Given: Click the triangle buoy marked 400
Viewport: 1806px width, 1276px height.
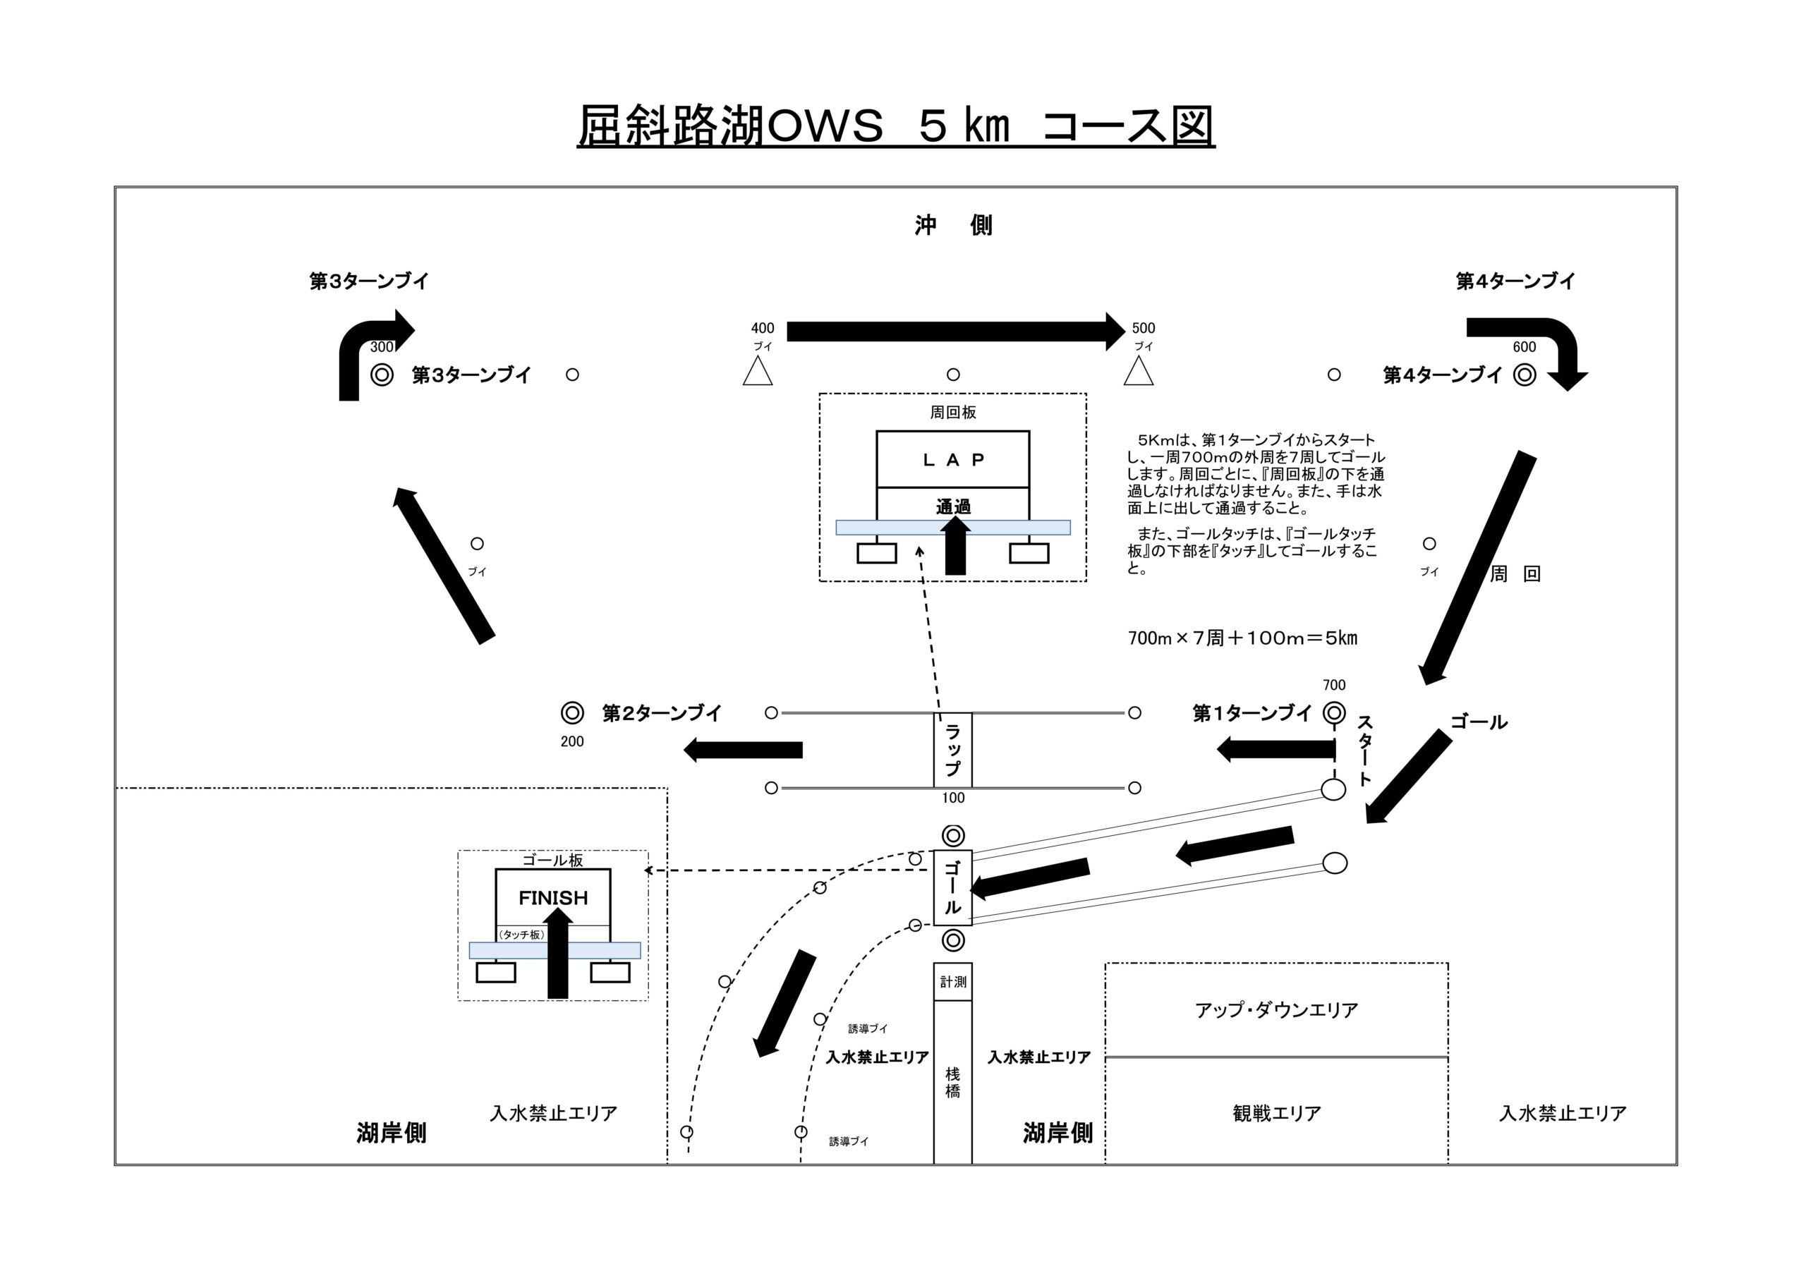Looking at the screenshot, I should tap(758, 372).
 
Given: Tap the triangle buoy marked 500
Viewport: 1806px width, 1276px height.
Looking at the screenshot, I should tap(1138, 372).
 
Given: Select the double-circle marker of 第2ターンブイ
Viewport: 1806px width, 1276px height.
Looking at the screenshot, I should tap(572, 712).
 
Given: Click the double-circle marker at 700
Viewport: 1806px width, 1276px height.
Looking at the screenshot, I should tap(1334, 712).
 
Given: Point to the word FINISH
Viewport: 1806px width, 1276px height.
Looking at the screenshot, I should tap(553, 898).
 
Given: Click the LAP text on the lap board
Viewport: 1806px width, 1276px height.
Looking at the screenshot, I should tap(952, 460).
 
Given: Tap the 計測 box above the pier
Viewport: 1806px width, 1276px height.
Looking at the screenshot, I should tap(952, 982).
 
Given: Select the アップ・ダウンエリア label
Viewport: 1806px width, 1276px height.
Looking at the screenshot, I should tap(1276, 1010).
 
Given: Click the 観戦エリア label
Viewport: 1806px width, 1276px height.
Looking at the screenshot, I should tap(1276, 1113).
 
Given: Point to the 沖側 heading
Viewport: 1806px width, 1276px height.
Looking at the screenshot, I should tap(952, 226).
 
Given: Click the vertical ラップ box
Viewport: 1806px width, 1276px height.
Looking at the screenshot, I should tap(952, 750).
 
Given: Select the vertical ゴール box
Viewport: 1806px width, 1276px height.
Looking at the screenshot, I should tap(952, 887).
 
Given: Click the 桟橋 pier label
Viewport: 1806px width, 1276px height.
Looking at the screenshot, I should tap(952, 1083).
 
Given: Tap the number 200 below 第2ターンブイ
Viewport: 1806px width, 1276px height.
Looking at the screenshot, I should tap(572, 742).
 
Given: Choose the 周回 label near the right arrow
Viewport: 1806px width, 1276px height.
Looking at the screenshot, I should tap(1514, 574).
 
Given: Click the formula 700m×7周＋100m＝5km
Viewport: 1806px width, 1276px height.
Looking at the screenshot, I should tap(1242, 638).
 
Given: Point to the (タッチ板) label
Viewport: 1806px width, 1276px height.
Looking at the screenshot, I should tap(521, 935).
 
